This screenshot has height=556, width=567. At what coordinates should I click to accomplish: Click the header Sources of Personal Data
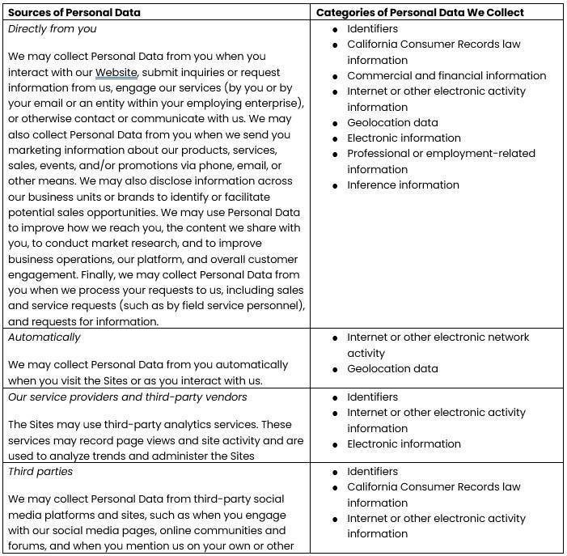click(x=74, y=12)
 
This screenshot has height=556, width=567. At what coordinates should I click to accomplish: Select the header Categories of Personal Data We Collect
click(x=419, y=12)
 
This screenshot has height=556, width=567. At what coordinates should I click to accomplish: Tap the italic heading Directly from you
click(x=52, y=28)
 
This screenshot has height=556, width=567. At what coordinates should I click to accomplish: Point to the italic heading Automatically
click(x=44, y=337)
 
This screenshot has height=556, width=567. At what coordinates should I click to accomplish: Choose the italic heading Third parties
click(x=40, y=471)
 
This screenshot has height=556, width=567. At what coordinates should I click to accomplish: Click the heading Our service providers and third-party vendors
click(x=128, y=397)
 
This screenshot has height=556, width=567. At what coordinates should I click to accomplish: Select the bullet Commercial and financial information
click(x=446, y=75)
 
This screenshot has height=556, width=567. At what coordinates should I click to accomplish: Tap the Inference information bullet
click(x=403, y=185)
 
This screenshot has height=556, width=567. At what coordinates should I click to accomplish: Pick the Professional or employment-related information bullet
click(x=441, y=161)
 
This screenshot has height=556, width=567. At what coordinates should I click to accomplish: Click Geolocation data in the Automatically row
click(x=392, y=368)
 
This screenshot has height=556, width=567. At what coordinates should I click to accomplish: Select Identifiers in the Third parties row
click(x=372, y=471)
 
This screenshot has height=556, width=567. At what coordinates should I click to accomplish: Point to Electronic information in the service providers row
click(x=404, y=444)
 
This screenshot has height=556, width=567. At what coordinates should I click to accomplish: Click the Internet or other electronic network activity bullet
click(x=438, y=345)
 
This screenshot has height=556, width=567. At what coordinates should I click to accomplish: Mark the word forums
click(x=28, y=545)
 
